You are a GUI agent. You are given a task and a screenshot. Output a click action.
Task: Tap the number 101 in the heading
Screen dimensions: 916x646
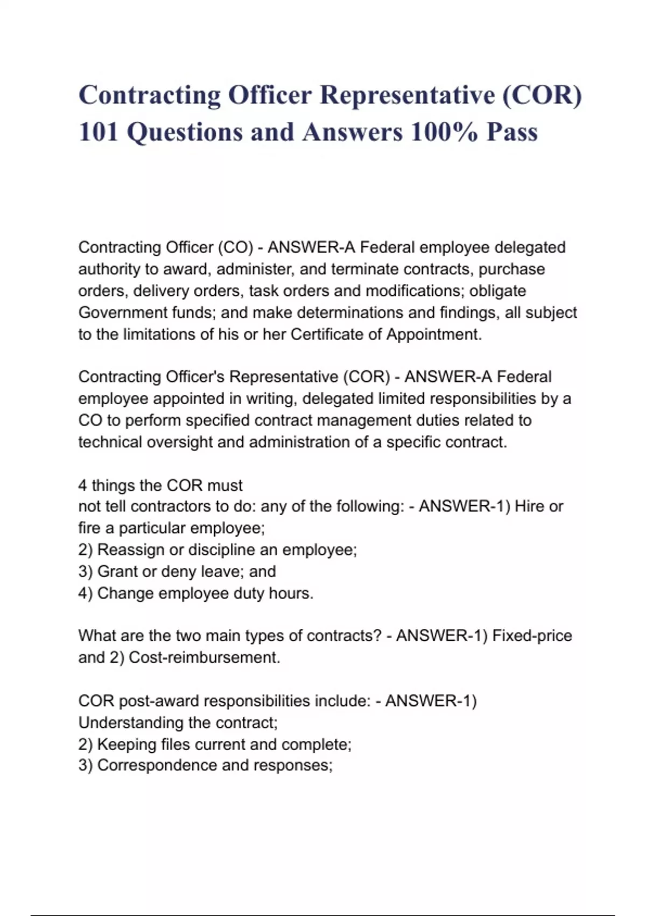(x=98, y=132)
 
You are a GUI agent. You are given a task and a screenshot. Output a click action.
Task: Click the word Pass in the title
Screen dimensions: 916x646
(x=512, y=132)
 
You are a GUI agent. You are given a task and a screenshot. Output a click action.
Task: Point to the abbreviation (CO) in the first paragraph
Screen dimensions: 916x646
(x=235, y=247)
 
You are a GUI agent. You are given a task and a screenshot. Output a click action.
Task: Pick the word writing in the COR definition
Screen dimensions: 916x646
(x=272, y=399)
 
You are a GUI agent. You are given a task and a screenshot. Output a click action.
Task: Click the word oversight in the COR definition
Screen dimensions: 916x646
(x=180, y=442)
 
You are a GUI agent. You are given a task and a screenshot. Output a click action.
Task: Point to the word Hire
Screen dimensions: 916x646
(x=530, y=506)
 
